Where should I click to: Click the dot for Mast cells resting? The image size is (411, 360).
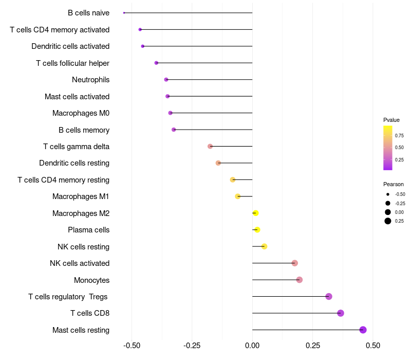363,330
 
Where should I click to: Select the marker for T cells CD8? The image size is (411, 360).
340,313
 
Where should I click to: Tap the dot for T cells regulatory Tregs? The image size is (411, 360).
329,296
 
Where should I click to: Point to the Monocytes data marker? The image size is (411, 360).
300,280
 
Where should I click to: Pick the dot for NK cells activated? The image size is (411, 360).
294,263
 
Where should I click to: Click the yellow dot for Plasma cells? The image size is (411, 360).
257,230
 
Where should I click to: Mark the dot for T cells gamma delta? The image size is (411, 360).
210,147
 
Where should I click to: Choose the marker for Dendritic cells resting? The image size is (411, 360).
218,163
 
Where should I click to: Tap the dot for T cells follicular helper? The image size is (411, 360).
156,63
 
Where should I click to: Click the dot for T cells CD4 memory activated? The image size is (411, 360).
140,29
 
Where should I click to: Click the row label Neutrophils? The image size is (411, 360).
90,80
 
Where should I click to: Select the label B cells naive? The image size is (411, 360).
88,13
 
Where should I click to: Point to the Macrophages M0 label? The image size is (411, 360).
81,113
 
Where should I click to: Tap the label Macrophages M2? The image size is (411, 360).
81,213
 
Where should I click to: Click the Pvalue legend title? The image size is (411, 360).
391,120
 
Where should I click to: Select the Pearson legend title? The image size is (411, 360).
394,184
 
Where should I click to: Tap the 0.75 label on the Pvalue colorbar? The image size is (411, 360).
399,135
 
